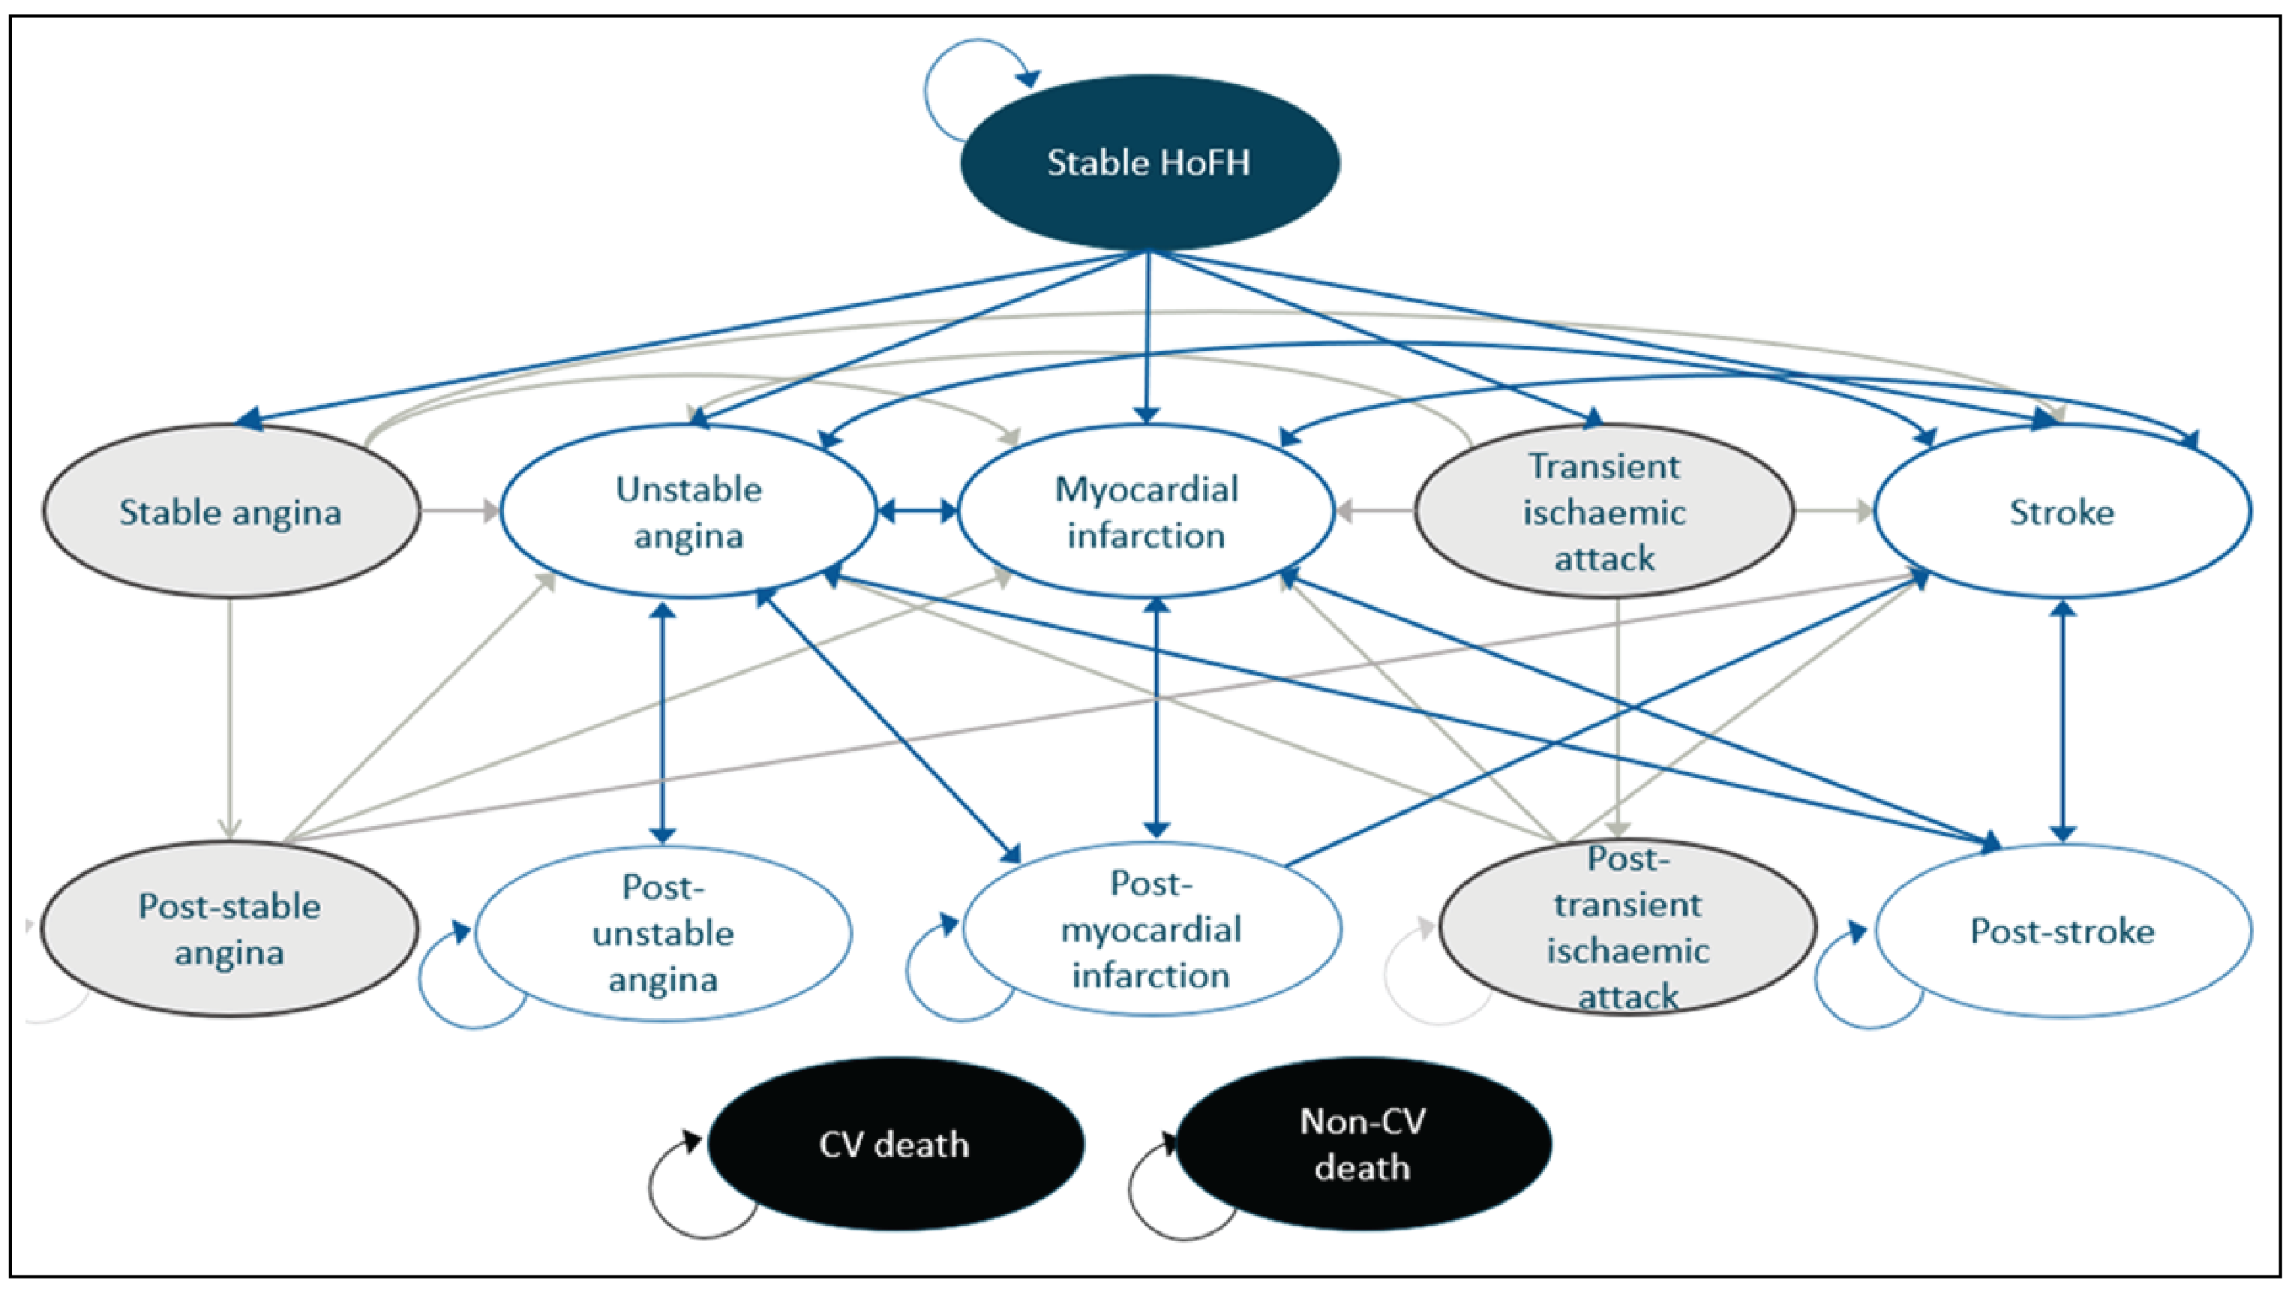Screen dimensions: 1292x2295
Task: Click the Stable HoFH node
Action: click(1149, 163)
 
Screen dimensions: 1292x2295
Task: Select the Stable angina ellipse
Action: click(231, 512)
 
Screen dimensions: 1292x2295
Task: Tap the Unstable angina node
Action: click(688, 512)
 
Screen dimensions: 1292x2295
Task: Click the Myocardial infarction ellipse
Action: click(1146, 512)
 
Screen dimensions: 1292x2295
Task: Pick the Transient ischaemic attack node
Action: click(1603, 512)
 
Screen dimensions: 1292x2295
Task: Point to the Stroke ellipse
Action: click(2062, 512)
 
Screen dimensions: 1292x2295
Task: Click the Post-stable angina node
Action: click(229, 928)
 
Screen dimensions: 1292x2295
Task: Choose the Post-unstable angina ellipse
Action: click(663, 932)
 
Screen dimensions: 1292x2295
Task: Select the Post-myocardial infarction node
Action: click(1151, 928)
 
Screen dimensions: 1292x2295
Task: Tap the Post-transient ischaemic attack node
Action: click(1627, 927)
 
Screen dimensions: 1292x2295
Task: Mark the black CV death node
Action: click(895, 1144)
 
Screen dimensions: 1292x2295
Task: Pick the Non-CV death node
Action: click(1363, 1144)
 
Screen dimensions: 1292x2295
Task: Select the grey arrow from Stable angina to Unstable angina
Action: click(460, 512)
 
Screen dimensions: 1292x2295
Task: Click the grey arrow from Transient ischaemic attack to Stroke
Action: click(1834, 512)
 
